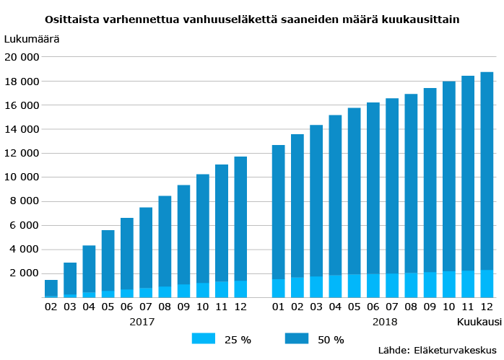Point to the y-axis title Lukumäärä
pos(32,39)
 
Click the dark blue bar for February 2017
pos(51,287)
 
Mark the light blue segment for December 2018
pos(487,284)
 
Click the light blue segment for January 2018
pos(279,288)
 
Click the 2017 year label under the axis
pos(142,321)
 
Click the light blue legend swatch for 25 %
pos(204,339)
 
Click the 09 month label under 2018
pos(430,307)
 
